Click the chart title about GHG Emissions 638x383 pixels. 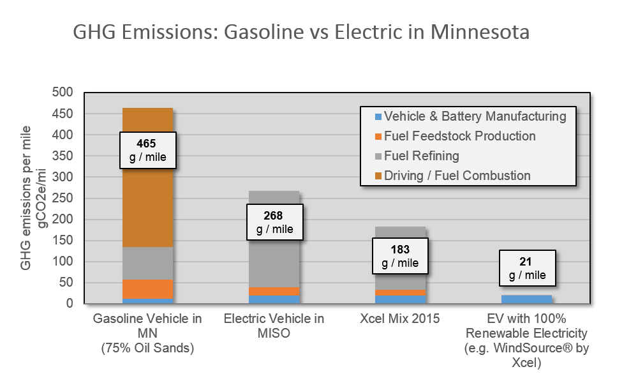point(301,32)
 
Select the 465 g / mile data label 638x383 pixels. point(148,150)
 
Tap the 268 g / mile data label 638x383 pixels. point(274,222)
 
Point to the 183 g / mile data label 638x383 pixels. point(400,256)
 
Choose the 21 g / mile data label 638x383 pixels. point(528,268)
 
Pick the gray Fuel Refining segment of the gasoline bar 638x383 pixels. point(148,264)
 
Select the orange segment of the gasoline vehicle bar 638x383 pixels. point(148,289)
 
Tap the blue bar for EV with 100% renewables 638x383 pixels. point(526,299)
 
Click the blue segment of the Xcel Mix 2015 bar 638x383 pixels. point(401,299)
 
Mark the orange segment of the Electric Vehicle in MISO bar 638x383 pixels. point(274,292)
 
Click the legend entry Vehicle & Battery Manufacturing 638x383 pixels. point(471,116)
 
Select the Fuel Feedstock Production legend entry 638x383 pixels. point(456,136)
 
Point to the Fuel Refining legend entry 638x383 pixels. point(417,156)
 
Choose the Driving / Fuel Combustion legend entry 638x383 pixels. point(453,176)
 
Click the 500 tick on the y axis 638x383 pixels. point(63,92)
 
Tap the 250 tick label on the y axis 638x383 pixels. point(63,198)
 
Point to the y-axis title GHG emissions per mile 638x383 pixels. point(26,198)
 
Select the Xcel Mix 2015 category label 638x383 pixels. point(400,319)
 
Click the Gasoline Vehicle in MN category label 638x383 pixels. point(148,333)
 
